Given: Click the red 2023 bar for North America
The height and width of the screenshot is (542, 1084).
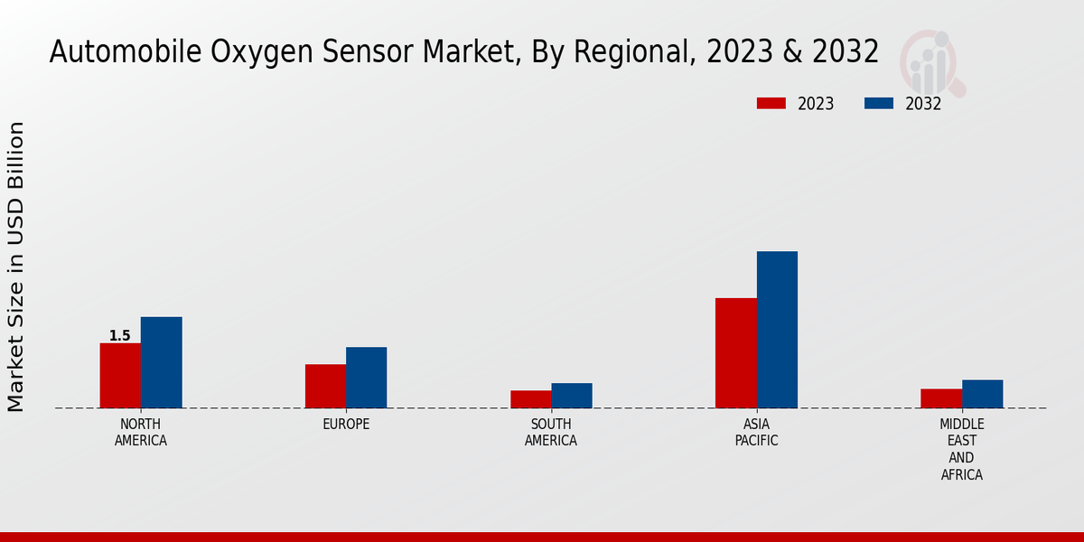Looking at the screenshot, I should [x=120, y=376].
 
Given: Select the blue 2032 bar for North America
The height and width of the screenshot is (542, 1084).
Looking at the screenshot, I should [x=161, y=362].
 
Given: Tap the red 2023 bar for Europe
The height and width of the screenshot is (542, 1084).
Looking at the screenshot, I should [x=325, y=386].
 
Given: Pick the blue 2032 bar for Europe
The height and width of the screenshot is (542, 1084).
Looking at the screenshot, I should [x=366, y=378].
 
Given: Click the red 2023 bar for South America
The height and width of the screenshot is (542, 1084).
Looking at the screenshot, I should [x=530, y=399].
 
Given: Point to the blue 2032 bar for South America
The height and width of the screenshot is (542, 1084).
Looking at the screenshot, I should [x=572, y=396].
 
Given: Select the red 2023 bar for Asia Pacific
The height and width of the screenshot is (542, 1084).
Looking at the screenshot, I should [x=735, y=353].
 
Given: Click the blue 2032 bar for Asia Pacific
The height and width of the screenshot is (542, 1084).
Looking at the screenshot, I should [x=777, y=330].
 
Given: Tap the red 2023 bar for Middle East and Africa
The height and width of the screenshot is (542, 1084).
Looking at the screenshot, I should [x=941, y=398].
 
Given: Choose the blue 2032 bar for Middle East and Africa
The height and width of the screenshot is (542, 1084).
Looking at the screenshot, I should [x=982, y=394].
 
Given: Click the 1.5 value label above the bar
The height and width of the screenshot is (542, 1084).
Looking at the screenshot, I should [x=120, y=336].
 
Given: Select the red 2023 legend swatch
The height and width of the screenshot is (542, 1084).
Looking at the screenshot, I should [x=771, y=103].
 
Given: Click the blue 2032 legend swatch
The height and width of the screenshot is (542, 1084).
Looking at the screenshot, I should [x=879, y=103].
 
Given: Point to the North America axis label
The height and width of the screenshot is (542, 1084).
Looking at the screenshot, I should [x=141, y=433].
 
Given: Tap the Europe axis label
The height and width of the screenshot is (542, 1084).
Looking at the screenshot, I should [x=346, y=425].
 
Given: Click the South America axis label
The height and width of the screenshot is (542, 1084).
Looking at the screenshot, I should [x=551, y=433].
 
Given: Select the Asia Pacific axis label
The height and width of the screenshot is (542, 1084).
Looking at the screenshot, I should [x=756, y=433].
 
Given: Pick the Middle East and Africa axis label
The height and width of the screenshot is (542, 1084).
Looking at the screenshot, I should [x=961, y=449].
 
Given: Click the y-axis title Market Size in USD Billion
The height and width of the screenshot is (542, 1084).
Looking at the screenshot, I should [x=16, y=266].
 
